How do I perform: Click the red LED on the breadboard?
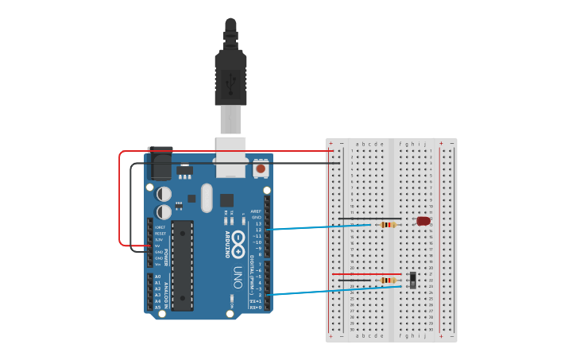[423, 221]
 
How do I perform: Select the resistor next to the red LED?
[388, 225]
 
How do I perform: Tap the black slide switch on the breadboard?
[413, 280]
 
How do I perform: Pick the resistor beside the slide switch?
[388, 280]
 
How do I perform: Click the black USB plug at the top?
[230, 72]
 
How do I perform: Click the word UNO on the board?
[237, 277]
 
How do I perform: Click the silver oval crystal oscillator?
[207, 198]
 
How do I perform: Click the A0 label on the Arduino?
[157, 277]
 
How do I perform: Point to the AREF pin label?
[256, 211]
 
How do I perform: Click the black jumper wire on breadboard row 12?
[369, 219]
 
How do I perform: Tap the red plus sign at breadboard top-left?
[331, 144]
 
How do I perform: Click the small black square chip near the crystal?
[227, 200]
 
